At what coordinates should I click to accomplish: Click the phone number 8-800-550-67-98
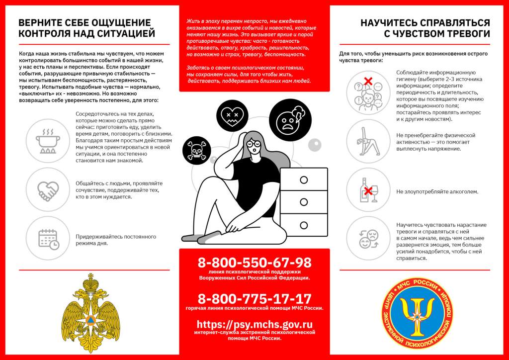coord(254,263)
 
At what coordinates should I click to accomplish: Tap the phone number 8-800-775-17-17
coord(254,299)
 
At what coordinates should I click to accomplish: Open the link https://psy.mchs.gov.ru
coord(254,324)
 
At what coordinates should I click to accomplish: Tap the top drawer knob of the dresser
coord(304,180)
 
